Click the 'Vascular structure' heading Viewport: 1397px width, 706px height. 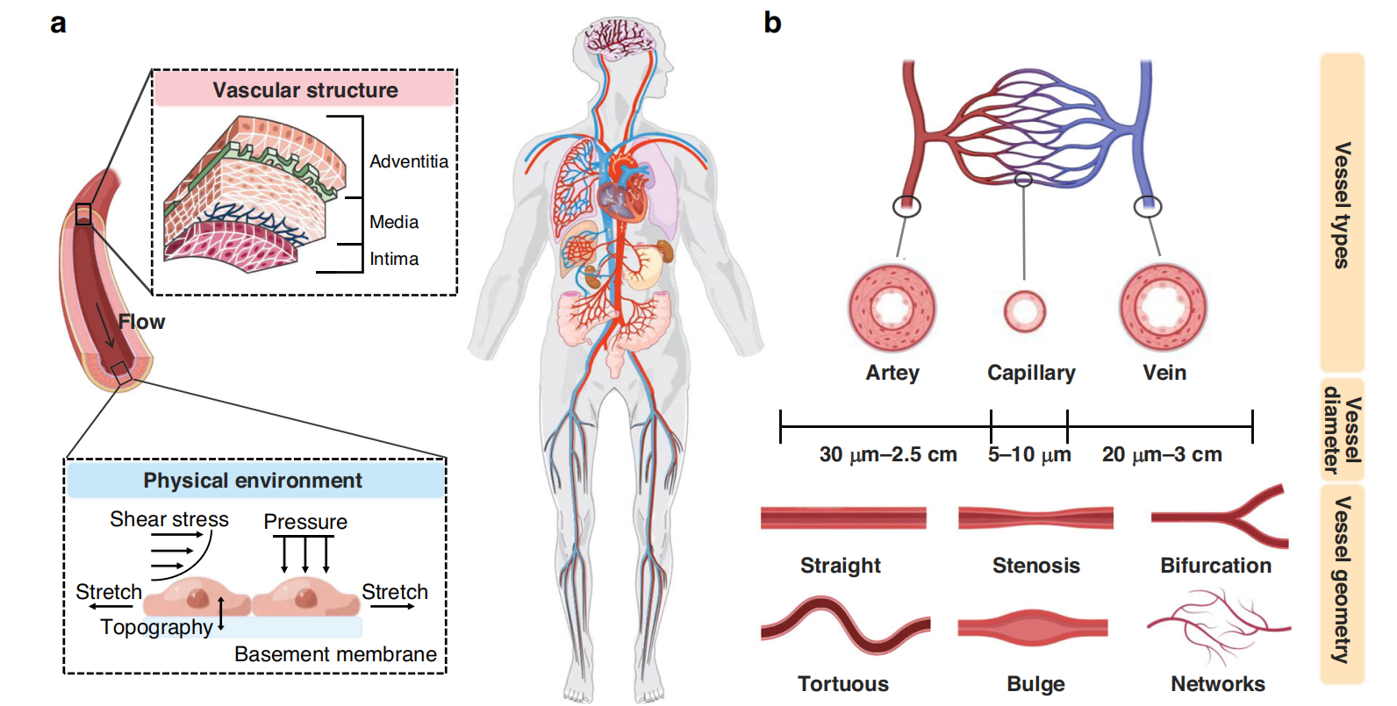click(x=304, y=90)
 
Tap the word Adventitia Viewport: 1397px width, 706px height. click(x=408, y=161)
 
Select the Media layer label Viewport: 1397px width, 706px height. click(x=393, y=222)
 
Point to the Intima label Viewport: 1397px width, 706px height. click(x=393, y=259)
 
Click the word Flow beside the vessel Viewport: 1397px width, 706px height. click(x=142, y=322)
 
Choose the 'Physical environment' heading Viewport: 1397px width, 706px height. click(x=253, y=481)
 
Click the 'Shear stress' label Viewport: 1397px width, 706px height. click(x=168, y=519)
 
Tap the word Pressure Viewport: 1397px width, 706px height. click(x=304, y=522)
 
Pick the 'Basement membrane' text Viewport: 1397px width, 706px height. click(x=335, y=654)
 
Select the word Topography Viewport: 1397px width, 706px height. click(x=156, y=627)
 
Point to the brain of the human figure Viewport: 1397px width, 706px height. click(x=620, y=39)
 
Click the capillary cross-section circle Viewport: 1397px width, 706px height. click(x=1024, y=311)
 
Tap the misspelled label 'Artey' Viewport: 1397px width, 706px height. click(x=892, y=373)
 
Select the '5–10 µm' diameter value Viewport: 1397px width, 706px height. click(x=1029, y=454)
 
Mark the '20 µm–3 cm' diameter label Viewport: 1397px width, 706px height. click(x=1161, y=454)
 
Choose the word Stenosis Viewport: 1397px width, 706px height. click(x=1035, y=566)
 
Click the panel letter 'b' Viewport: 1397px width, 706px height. click(x=772, y=23)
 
